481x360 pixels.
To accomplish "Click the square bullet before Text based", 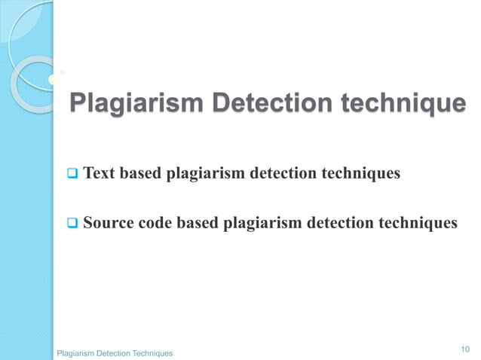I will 72,175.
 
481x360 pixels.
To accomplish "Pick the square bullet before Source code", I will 72,223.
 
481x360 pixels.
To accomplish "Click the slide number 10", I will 464,349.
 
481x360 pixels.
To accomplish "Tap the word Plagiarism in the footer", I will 77,352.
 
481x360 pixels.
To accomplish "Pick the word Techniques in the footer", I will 152,352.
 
